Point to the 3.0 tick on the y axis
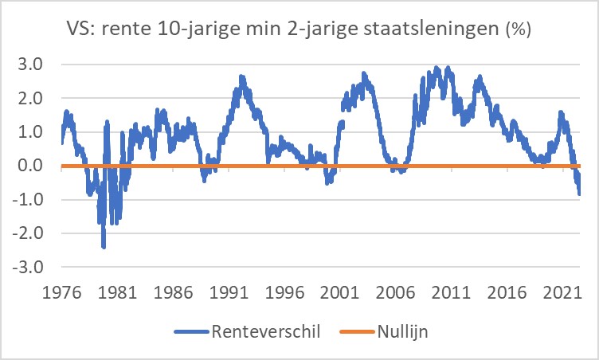coord(35,65)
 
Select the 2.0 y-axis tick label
coord(35,98)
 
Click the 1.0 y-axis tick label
coord(35,132)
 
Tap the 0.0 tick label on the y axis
coord(35,166)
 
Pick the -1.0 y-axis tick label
coord(33,200)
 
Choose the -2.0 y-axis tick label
coord(33,233)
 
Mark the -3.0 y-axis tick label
coord(33,268)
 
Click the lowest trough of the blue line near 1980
coord(104,246)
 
